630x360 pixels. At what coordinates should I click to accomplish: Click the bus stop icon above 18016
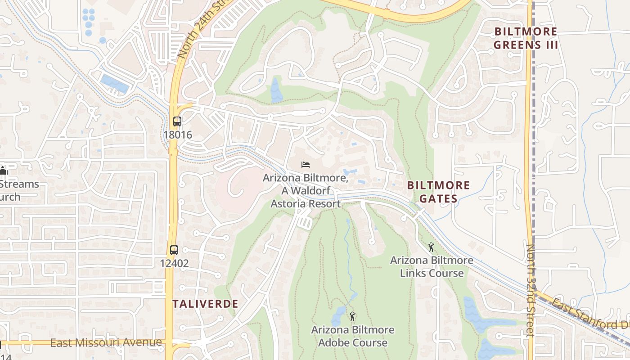coord(177,121)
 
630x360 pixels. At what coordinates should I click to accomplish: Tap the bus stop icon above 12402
coord(174,250)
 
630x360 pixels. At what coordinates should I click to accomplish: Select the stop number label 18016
coord(177,135)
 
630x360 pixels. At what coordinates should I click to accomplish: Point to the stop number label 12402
coord(174,263)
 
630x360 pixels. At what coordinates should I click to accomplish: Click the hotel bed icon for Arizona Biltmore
coord(306,165)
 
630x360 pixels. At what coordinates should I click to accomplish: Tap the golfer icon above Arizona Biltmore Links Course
coord(431,247)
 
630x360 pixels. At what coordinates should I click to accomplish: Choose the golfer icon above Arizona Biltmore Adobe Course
coord(352,316)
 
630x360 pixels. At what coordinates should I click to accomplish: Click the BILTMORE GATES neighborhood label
coord(438,192)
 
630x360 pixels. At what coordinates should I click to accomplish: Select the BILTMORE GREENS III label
coord(526,38)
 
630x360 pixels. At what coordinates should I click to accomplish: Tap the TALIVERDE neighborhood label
coord(205,304)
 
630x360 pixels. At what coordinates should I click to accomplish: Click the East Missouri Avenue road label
coord(106,343)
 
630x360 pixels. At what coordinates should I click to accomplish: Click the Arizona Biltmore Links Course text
coord(431,266)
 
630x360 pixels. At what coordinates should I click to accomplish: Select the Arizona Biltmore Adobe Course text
coord(352,336)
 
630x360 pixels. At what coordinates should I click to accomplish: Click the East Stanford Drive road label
coord(589,315)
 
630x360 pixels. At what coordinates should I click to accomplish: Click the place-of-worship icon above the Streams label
coord(3,171)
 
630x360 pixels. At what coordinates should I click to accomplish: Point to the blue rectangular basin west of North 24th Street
coord(114,84)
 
